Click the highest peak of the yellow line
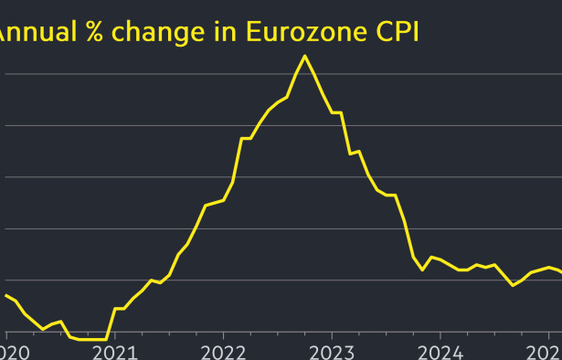tap(304, 56)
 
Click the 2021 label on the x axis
tap(114, 352)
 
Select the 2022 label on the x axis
tap(223, 352)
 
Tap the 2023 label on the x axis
tap(331, 352)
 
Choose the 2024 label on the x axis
tap(440, 352)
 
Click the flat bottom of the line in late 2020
tap(92, 339)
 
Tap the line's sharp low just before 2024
tap(422, 270)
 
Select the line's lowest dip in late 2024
tap(513, 285)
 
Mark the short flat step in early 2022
tap(246, 138)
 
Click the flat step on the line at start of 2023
tap(336, 112)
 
